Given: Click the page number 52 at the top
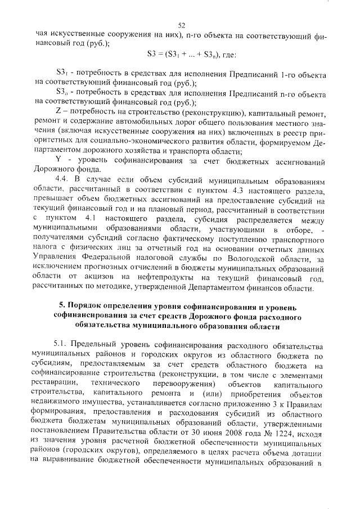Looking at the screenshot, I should tap(181, 25).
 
